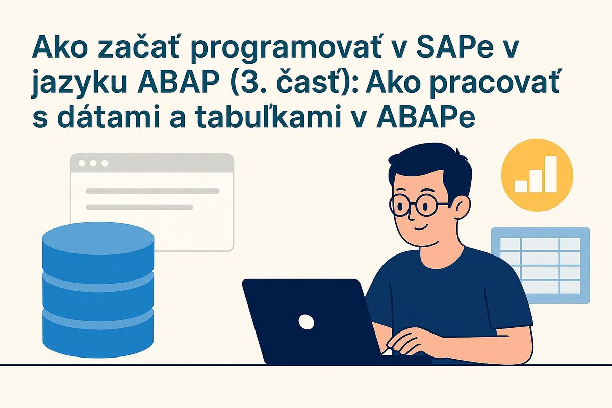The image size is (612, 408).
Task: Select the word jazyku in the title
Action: [x=77, y=85]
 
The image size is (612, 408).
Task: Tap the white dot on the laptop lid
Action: [x=306, y=321]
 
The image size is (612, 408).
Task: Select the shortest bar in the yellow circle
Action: [x=521, y=186]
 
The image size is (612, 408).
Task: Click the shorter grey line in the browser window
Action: [x=139, y=207]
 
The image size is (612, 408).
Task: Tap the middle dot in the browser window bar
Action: [x=92, y=163]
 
